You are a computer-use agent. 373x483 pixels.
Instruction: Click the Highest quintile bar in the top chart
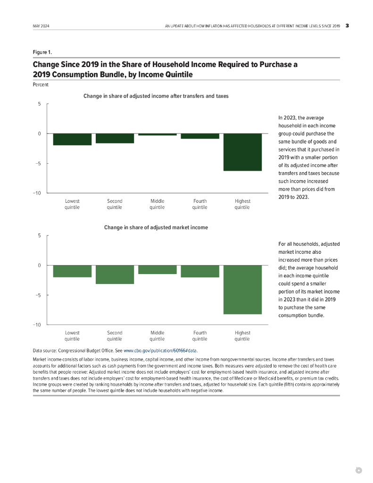[242, 152]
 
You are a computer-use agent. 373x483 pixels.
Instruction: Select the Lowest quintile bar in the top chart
[72, 139]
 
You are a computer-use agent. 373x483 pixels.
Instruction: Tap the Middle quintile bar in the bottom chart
[157, 269]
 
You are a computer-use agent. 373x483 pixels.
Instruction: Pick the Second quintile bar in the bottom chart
[115, 275]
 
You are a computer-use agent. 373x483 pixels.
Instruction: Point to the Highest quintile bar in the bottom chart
[242, 289]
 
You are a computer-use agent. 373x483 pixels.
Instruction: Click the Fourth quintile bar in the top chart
[199, 136]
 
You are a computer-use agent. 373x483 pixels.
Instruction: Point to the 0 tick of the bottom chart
[41, 266]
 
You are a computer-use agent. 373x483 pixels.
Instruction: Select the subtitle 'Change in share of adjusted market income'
[156, 227]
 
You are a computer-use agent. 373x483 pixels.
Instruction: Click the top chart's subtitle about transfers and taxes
[156, 96]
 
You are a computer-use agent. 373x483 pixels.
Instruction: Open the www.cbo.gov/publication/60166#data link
[160, 351]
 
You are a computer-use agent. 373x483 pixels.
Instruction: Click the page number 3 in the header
[347, 25]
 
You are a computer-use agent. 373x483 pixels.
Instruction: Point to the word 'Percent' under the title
[41, 85]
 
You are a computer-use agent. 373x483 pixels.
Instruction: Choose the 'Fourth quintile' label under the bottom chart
[199, 336]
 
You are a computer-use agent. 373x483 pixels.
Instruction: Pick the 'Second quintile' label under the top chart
[115, 204]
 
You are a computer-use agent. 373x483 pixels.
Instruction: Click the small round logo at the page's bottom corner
[358, 470]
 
